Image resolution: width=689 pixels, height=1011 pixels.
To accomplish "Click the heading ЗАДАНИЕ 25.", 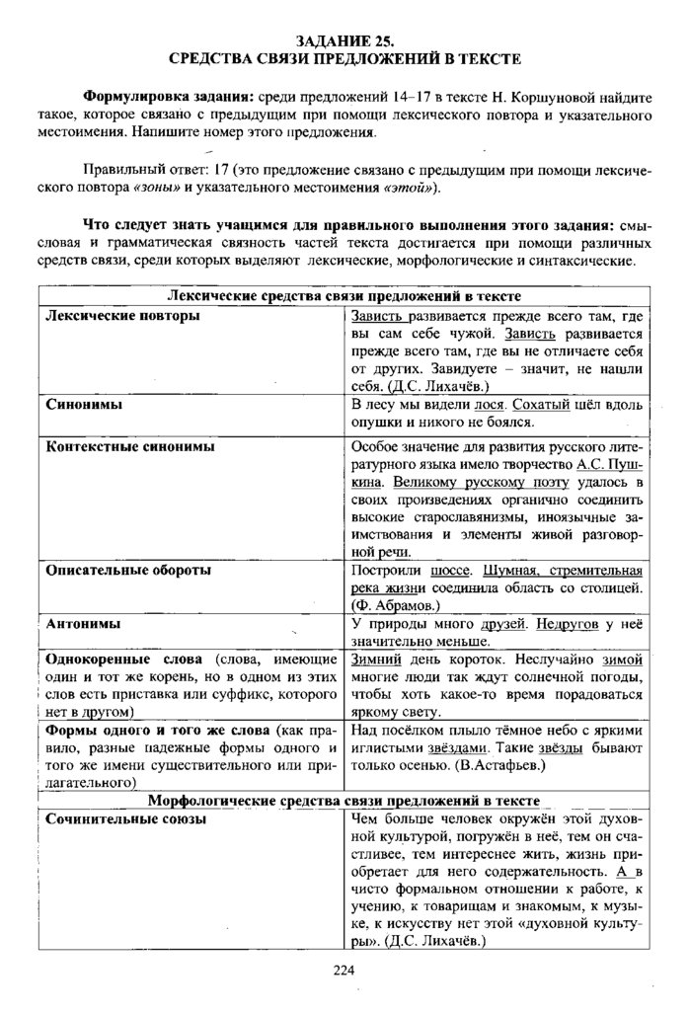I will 344,41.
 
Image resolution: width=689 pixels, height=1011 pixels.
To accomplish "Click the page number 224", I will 344,971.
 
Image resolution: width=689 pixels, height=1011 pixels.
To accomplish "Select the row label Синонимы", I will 80,404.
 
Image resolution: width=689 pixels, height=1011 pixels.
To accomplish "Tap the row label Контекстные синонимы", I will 129,446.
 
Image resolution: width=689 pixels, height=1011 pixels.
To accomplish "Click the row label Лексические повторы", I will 122,316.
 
